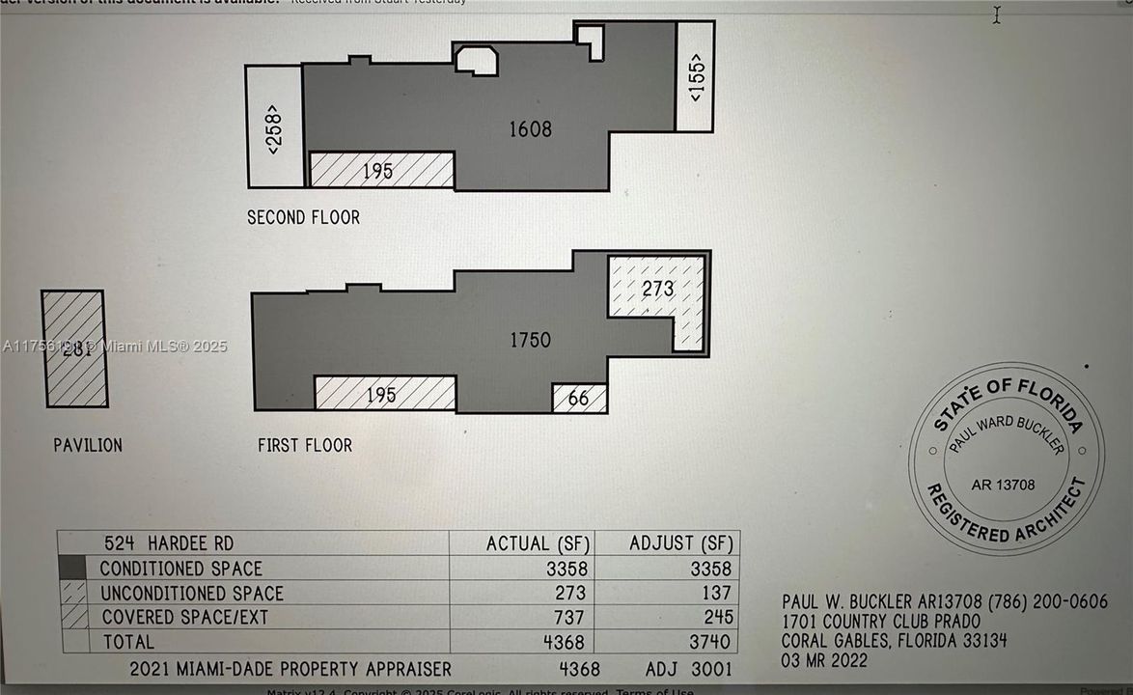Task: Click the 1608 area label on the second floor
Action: pos(530,128)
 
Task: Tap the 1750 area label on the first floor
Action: pos(530,340)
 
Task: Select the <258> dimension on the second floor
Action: pos(273,128)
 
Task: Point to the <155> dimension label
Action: pos(696,77)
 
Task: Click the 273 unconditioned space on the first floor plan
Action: pos(657,288)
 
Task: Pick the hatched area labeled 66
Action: pos(579,398)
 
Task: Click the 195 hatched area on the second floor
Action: pos(379,170)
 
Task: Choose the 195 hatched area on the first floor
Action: pos(383,393)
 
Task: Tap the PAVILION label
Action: pos(88,446)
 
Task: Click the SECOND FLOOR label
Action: pos(303,218)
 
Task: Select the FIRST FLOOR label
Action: pos(304,446)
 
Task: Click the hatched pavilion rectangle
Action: pos(74,349)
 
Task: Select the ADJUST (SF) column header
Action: pos(680,543)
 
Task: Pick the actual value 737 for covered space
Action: pos(571,617)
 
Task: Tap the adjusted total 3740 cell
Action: pos(711,641)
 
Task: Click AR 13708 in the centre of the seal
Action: pos(1002,485)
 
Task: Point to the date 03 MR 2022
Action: pos(823,661)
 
